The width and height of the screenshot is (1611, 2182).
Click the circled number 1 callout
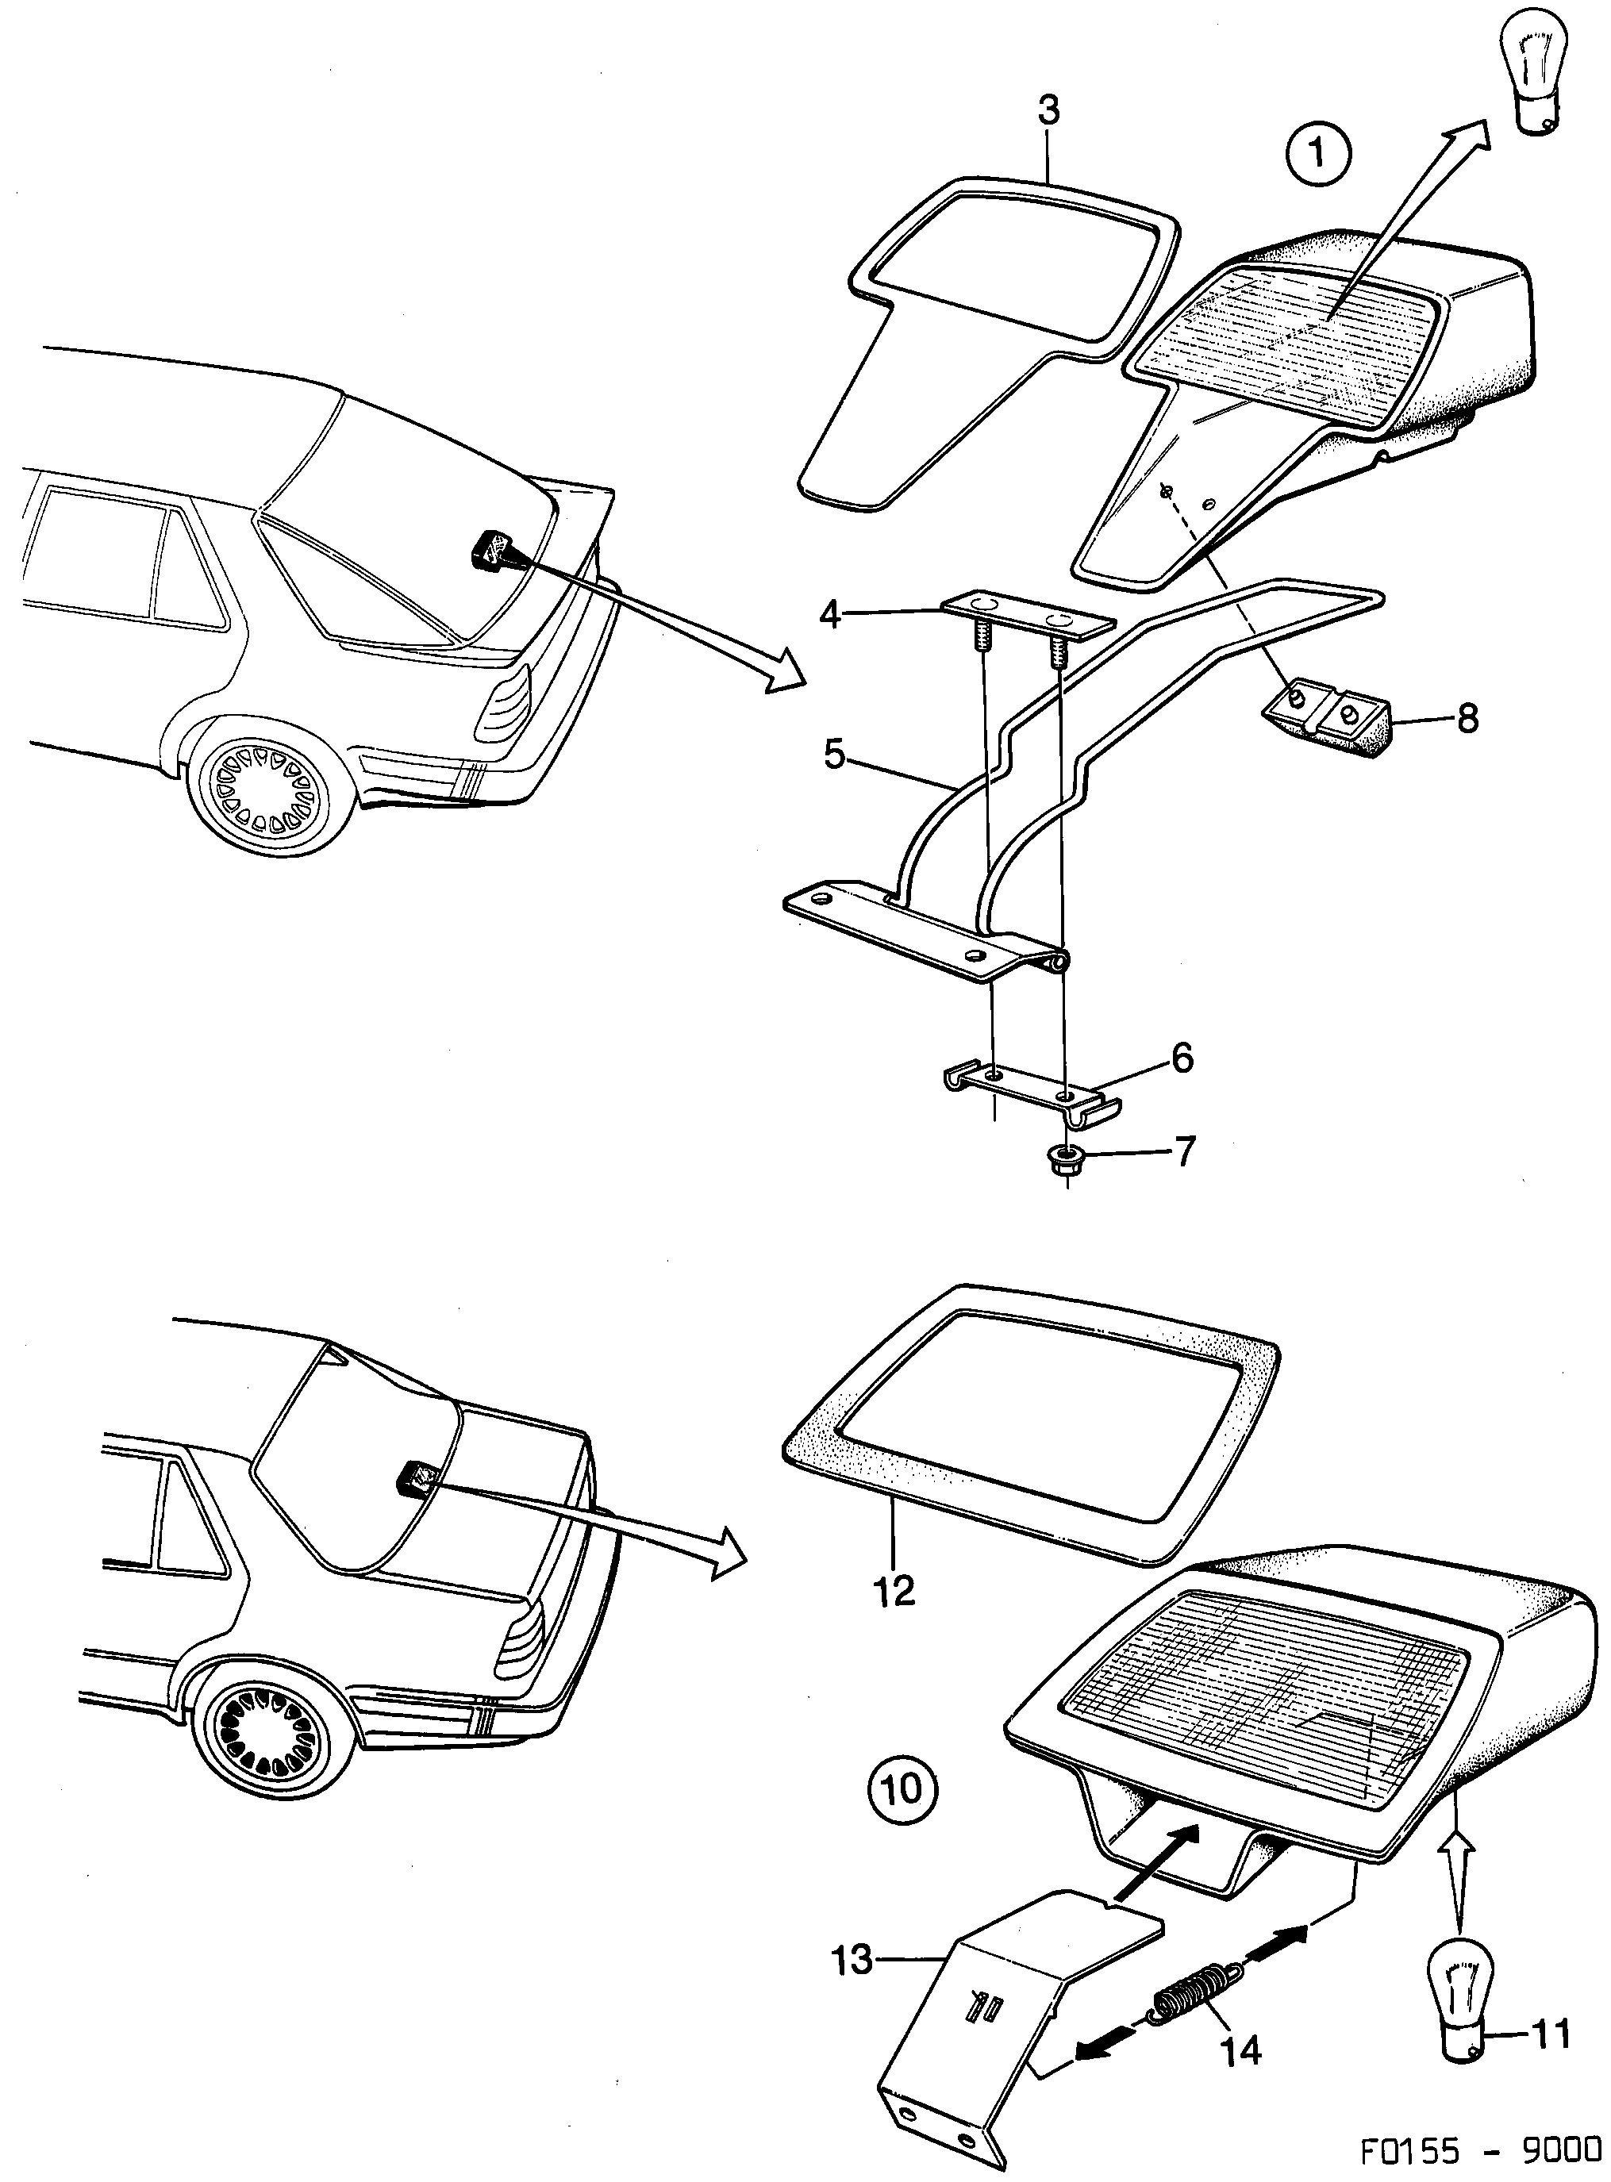(1317, 153)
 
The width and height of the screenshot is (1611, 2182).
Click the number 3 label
(1048, 111)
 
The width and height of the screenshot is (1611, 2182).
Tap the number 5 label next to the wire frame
(834, 754)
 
